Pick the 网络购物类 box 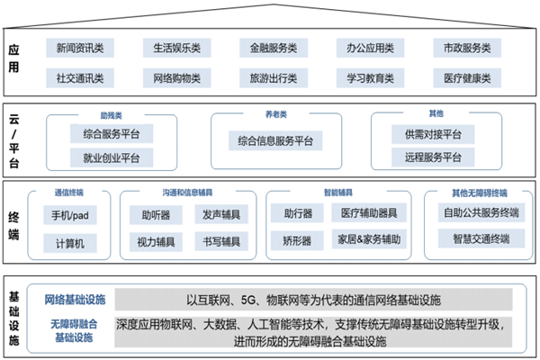click(x=176, y=78)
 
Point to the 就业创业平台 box click(x=112, y=158)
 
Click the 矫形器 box click(x=296, y=241)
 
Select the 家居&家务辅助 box click(x=369, y=241)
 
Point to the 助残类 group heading click(x=112, y=115)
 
